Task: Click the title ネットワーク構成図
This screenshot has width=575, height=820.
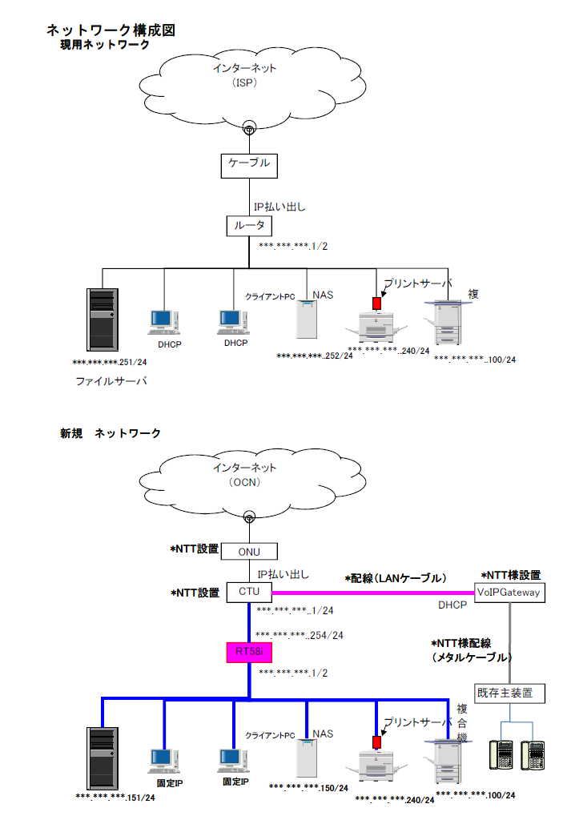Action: point(111,30)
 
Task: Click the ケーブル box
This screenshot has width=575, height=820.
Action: point(249,166)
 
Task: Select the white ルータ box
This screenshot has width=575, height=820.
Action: point(249,226)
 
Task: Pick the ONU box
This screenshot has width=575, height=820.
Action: point(249,551)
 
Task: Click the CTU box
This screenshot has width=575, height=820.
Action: point(249,592)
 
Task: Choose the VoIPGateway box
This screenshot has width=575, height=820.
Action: point(509,593)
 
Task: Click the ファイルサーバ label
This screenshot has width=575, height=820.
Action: point(111,381)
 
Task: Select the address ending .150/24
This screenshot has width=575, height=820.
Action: point(308,788)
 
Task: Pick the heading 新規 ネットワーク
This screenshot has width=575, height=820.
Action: point(111,433)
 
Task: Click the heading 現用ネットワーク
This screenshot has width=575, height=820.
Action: point(105,46)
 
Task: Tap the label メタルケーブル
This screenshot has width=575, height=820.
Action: point(472,658)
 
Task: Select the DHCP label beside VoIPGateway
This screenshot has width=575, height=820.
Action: point(452,605)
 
